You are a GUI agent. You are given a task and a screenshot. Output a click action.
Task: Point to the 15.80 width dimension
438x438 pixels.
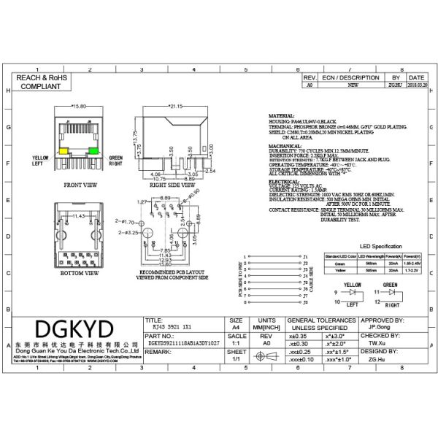tap(78, 106)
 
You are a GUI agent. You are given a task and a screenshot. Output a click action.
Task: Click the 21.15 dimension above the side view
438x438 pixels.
tap(174, 106)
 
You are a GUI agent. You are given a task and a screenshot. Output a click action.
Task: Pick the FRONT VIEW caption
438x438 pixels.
tap(80, 185)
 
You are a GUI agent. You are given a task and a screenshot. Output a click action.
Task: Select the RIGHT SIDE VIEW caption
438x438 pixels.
tap(174, 185)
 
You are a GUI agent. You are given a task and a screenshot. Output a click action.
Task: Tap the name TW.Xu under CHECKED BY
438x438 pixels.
tap(377, 342)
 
